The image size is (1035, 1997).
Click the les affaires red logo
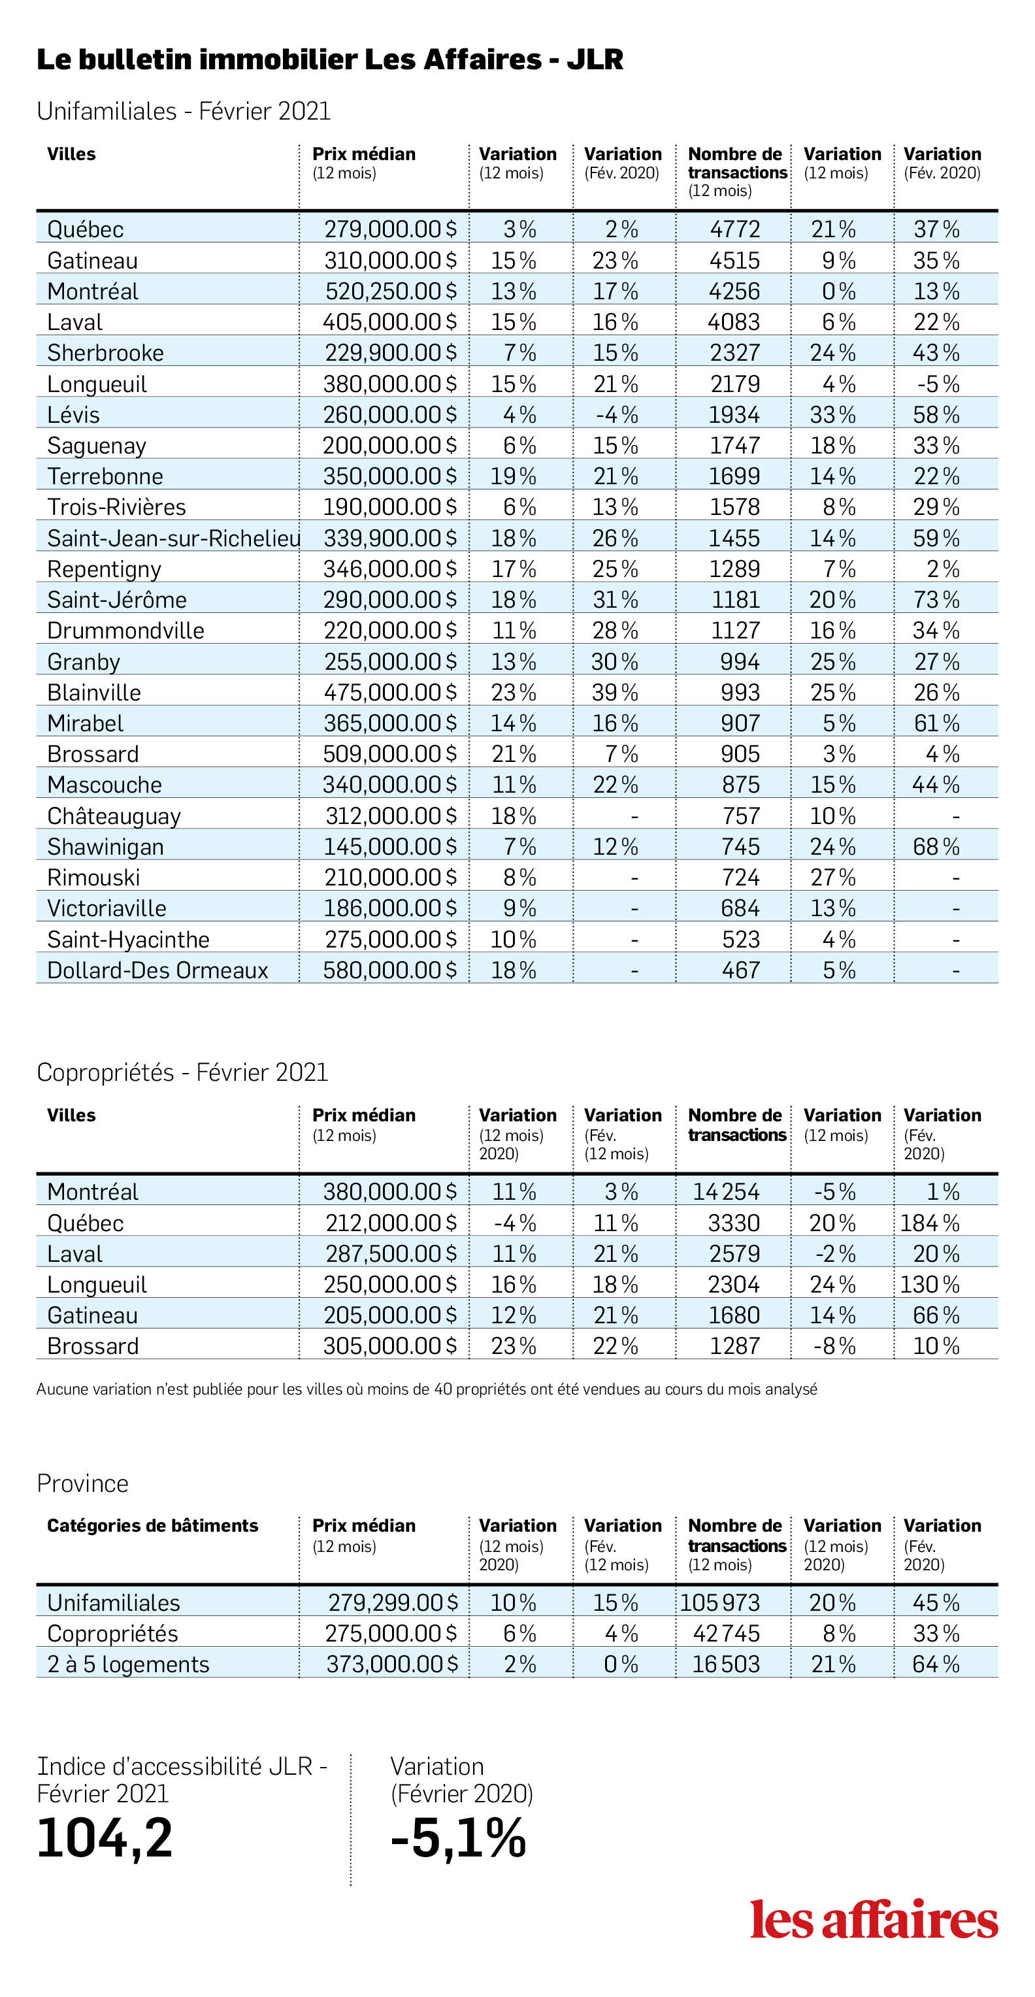click(874, 1919)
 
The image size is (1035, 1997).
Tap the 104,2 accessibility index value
click(105, 1839)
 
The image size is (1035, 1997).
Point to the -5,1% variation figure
click(459, 1838)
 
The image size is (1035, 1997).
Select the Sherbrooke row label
click(105, 353)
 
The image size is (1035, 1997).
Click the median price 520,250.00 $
click(391, 291)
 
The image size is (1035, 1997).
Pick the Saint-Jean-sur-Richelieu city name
click(174, 538)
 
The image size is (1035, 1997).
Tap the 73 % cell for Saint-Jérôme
click(936, 599)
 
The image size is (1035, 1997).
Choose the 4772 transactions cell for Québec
click(735, 229)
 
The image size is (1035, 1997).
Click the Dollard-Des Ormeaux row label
click(157, 970)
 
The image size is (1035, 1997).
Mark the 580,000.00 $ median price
click(390, 970)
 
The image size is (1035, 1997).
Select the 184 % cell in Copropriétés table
click(930, 1223)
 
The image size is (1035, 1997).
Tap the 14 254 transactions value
click(727, 1191)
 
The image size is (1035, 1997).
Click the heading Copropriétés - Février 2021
click(183, 1072)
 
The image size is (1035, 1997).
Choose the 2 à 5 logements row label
click(128, 1664)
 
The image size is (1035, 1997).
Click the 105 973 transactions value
click(720, 1602)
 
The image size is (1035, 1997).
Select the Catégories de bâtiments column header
click(153, 1525)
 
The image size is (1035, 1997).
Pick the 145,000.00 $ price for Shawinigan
click(390, 846)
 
